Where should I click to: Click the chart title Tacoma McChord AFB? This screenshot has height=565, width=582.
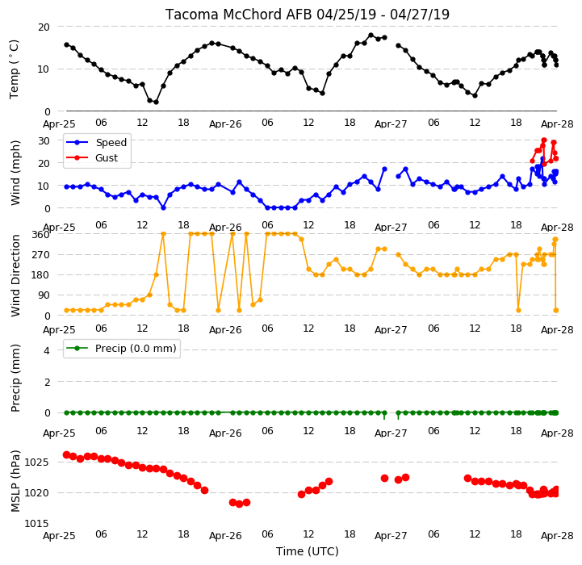(x=239, y=15)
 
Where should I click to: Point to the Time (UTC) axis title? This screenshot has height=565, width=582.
(x=308, y=551)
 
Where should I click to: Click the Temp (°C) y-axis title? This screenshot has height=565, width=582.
(x=14, y=69)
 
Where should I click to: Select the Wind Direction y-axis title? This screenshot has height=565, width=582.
(x=15, y=275)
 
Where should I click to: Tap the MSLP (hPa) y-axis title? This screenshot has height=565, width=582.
(x=15, y=481)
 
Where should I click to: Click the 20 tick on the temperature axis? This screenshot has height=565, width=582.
(x=44, y=27)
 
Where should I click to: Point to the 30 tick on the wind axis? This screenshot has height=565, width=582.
(x=44, y=140)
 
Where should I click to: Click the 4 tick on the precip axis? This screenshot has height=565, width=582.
(x=47, y=350)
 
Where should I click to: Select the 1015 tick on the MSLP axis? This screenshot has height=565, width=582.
(x=37, y=523)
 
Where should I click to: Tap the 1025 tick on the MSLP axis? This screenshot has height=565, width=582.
(x=37, y=462)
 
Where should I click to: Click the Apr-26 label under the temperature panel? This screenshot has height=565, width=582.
(x=225, y=124)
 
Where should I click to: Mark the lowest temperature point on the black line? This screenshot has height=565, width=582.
(x=156, y=102)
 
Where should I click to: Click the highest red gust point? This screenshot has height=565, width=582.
(x=544, y=140)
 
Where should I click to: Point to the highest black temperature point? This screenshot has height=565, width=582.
(x=371, y=36)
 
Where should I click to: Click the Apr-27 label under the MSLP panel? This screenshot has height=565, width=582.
(x=391, y=536)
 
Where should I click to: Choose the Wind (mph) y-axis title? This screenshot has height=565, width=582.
(x=15, y=173)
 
